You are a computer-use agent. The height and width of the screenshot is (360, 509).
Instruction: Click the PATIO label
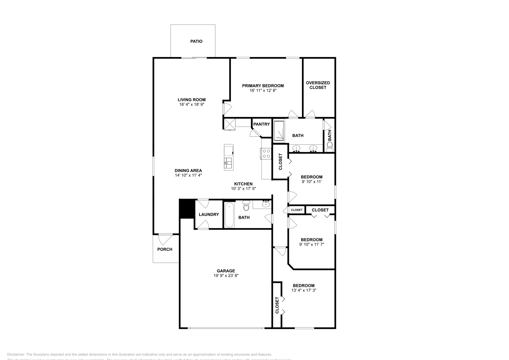coord(196,41)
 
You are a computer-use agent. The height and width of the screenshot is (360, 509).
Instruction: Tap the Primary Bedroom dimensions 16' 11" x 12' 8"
coord(263,90)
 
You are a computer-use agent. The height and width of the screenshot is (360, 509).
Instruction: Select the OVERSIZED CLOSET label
coord(318,85)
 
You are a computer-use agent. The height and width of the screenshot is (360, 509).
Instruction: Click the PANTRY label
coord(261,124)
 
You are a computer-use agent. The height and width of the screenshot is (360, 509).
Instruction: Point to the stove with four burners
coord(267,154)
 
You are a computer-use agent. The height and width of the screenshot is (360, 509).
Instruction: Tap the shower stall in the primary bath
coord(279,130)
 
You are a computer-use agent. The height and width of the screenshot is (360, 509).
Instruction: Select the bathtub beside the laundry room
coord(229,216)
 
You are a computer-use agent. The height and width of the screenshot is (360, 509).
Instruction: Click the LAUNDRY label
coord(209,214)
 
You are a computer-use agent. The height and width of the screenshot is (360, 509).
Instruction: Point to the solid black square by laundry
coord(187,208)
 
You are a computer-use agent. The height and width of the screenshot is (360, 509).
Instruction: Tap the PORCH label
coord(165,249)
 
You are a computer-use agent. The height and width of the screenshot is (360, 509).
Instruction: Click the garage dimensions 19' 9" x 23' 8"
coord(226,276)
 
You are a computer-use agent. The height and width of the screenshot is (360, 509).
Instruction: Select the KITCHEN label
coord(243,184)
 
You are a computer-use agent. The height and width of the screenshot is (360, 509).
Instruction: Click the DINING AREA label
coord(188,170)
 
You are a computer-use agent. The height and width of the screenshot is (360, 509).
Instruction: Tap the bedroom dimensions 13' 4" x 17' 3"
coord(303,290)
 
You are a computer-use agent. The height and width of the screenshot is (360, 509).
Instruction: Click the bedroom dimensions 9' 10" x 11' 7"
coord(311,244)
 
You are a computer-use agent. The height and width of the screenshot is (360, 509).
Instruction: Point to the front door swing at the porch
coord(165,239)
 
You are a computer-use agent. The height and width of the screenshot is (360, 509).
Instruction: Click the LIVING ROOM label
coord(192,100)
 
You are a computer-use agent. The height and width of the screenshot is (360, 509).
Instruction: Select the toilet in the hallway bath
coord(246,206)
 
